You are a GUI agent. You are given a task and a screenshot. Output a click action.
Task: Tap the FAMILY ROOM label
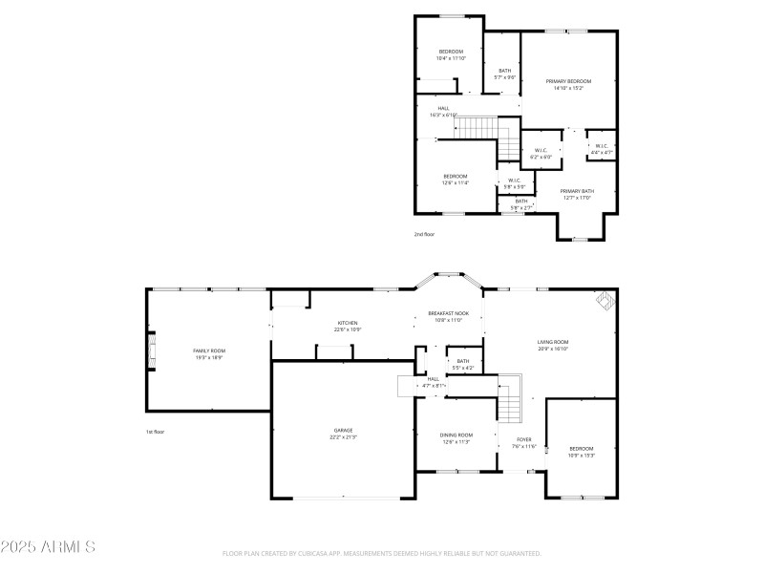tap(209, 350)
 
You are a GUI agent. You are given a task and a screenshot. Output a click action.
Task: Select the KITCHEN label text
tap(348, 323)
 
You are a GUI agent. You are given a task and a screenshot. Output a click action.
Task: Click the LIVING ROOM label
tap(553, 342)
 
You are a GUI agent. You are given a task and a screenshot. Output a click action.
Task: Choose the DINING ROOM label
tap(455, 435)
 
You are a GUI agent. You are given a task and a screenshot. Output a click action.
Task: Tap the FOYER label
tap(524, 439)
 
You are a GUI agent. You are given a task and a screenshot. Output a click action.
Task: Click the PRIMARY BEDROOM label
tap(568, 81)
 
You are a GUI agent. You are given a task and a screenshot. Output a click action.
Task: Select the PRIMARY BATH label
tap(576, 191)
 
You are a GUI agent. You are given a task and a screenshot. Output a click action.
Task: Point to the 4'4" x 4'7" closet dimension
tap(602, 153)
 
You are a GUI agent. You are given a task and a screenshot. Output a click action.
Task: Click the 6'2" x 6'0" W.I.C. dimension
tap(541, 157)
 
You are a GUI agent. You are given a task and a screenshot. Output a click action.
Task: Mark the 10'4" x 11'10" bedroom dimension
tap(451, 58)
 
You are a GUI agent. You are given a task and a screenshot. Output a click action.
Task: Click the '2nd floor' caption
tap(424, 234)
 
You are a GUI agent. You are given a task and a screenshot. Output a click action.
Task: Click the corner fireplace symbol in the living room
tap(605, 302)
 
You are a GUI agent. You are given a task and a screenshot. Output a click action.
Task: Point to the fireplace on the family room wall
tap(149, 350)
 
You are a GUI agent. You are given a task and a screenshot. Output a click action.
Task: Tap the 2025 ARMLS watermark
tap(48, 547)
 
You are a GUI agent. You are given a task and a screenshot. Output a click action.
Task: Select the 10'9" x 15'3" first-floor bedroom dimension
tap(582, 456)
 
